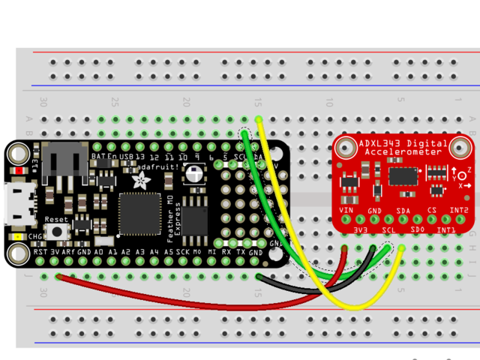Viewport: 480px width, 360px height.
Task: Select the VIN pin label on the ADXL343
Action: [346, 211]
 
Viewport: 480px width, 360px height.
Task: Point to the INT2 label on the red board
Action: [459, 211]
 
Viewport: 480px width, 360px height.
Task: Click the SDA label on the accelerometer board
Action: [403, 211]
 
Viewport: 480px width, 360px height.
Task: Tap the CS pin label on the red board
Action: [431, 211]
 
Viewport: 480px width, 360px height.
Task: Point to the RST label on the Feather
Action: [41, 253]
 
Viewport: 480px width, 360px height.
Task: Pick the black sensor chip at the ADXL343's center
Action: [403, 175]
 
